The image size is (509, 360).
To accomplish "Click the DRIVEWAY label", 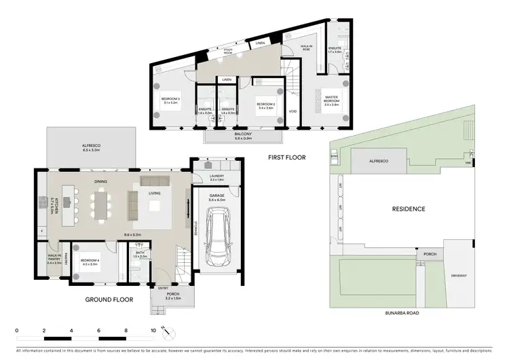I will pos(459,275).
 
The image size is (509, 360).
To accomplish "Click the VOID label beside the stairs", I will pos(293,111).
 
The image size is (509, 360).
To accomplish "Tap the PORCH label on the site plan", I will pos(429,254).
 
